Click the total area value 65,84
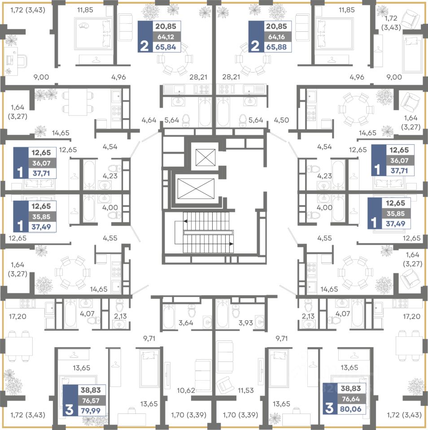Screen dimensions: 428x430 pyautogui.click(x=166, y=47)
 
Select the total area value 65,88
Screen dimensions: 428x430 pyautogui.click(x=276, y=47)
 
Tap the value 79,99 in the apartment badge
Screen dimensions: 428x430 pyautogui.click(x=91, y=411)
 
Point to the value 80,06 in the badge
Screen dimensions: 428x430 pyautogui.click(x=351, y=409)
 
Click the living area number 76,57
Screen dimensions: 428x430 pyautogui.click(x=91, y=400)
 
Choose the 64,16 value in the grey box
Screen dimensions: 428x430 pyautogui.click(x=276, y=37)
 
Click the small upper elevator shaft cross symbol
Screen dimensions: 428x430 pyautogui.click(x=205, y=157)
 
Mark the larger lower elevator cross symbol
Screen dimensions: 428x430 pyautogui.click(x=196, y=189)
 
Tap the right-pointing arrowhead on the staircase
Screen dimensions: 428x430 pyautogui.click(x=231, y=244)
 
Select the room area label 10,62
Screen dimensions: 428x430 pyautogui.click(x=186, y=390)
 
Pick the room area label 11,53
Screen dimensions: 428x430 pyautogui.click(x=245, y=390)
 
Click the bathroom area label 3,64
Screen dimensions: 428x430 pyautogui.click(x=186, y=323)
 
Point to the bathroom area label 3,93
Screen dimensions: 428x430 pyautogui.click(x=245, y=323)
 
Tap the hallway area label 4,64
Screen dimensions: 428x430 pyautogui.click(x=149, y=120)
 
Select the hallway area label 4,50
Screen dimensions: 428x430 pyautogui.click(x=282, y=120)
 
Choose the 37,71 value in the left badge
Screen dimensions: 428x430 pyautogui.click(x=41, y=173)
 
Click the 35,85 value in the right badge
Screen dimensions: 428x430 pyautogui.click(x=396, y=213)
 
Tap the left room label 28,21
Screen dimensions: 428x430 pyautogui.click(x=198, y=77)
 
